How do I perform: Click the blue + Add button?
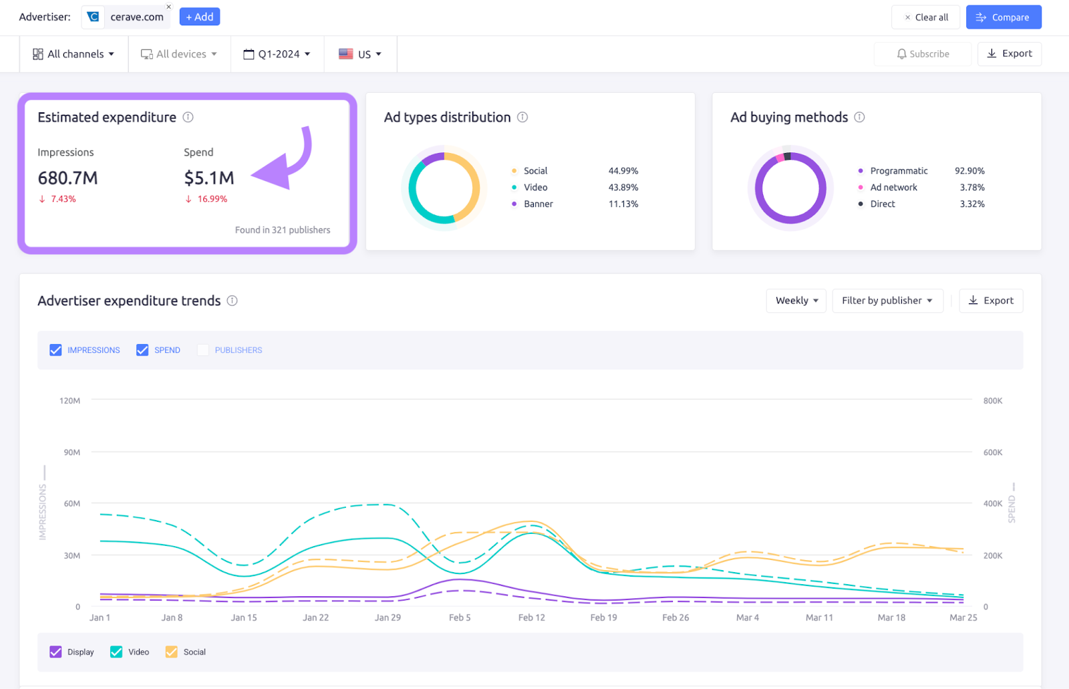click(199, 17)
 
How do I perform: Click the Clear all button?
click(925, 17)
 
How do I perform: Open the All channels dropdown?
click(73, 54)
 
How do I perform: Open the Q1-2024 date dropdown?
click(277, 54)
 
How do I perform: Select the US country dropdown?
click(360, 54)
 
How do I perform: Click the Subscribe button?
click(923, 54)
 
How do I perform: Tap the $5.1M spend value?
click(209, 178)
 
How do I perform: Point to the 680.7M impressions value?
click(67, 178)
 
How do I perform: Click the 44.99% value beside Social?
click(623, 171)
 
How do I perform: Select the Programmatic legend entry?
click(898, 171)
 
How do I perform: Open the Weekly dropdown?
click(796, 301)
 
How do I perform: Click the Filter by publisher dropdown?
click(887, 301)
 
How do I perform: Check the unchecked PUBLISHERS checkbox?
click(203, 350)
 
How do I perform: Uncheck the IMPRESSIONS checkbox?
click(55, 350)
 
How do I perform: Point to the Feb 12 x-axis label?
click(531, 617)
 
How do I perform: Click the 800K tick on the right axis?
click(992, 401)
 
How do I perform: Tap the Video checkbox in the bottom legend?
click(116, 652)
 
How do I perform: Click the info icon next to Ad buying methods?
click(859, 117)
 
